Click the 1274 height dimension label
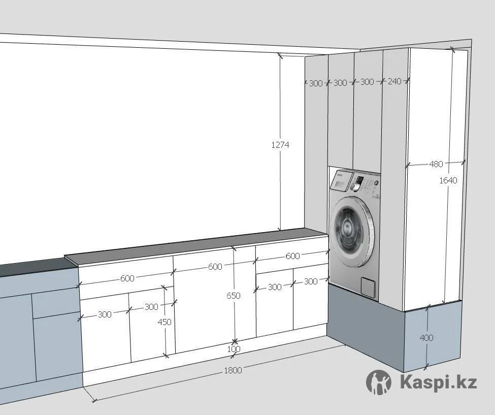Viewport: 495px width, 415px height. (x=280, y=145)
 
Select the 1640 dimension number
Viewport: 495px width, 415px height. (x=448, y=180)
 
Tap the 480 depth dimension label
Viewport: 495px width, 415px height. (x=436, y=164)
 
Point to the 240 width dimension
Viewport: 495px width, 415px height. (x=394, y=81)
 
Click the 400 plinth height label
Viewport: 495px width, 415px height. (x=427, y=337)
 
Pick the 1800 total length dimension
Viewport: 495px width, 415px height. (x=233, y=370)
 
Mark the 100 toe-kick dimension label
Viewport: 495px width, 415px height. (x=234, y=349)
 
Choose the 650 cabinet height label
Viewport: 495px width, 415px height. (x=234, y=296)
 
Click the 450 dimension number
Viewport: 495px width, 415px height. (x=164, y=322)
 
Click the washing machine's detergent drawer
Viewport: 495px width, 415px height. (x=341, y=179)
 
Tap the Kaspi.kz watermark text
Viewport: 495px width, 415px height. (x=438, y=382)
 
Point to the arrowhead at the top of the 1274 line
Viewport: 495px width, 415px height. (x=280, y=55)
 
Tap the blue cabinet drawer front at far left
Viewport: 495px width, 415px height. (x=49, y=303)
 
